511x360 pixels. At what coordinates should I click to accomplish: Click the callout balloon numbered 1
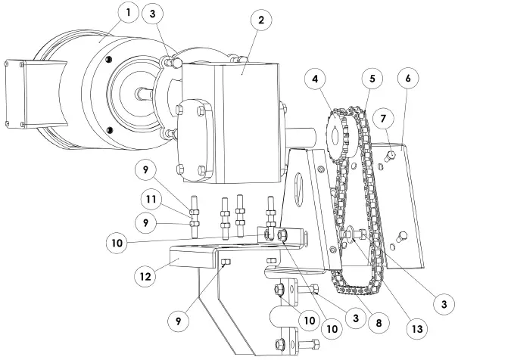click(129, 14)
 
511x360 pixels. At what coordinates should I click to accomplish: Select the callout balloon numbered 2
click(260, 20)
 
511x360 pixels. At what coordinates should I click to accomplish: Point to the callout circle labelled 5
click(372, 78)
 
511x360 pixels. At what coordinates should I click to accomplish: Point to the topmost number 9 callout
click(148, 170)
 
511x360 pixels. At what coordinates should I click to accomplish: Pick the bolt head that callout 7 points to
click(391, 156)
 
